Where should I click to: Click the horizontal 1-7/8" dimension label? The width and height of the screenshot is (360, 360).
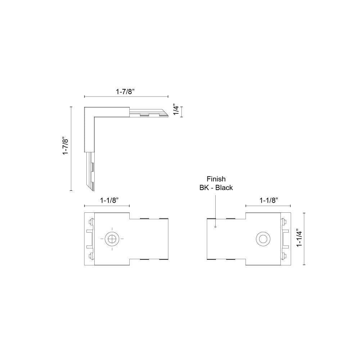tap(125, 91)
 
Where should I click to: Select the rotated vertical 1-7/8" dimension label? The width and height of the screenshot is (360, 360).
tap(66, 146)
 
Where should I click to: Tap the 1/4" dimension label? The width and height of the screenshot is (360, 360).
tap(176, 110)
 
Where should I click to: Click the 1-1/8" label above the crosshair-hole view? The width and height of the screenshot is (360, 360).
tap(109, 201)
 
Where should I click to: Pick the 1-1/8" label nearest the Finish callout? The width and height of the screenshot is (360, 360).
tap(269, 201)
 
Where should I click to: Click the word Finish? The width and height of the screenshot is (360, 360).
tap(216, 179)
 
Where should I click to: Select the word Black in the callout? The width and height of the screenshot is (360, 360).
tap(224, 188)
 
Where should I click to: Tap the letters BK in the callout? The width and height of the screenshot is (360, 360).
tap(204, 188)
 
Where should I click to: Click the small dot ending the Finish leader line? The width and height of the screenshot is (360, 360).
tap(215, 227)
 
